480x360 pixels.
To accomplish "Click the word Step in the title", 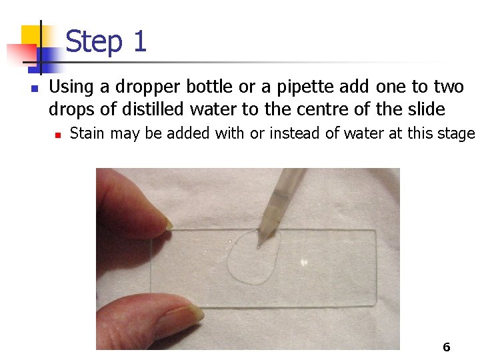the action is [x=94, y=42].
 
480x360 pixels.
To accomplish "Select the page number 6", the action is [x=446, y=347].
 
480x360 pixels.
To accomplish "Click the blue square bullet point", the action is [x=35, y=89].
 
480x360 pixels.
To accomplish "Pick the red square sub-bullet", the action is [x=58, y=135].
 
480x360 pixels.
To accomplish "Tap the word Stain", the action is [x=87, y=133].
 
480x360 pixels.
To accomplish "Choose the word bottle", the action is [x=209, y=87].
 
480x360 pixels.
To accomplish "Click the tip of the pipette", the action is [x=259, y=247].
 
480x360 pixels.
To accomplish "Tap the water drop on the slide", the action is [x=254, y=257].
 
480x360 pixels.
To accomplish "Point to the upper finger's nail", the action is [x=168, y=224].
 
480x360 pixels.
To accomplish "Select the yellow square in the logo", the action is [x=32, y=36].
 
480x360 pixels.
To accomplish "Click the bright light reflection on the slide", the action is [x=303, y=263].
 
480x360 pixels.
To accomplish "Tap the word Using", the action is [x=71, y=87].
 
